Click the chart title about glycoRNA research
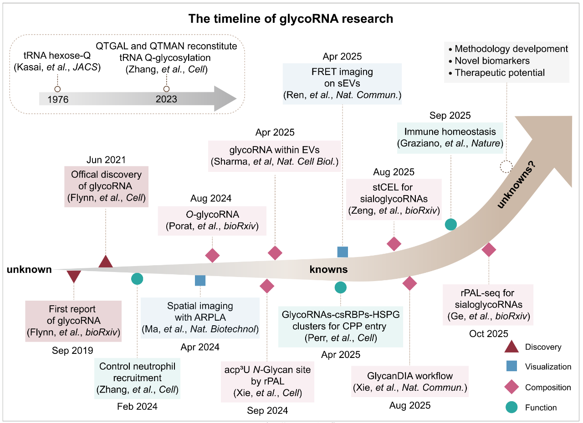click(x=291, y=19)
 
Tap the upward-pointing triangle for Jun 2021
click(x=106, y=262)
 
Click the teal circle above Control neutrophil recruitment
click(x=137, y=279)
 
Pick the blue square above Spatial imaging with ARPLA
click(x=200, y=280)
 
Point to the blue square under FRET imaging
click(x=343, y=252)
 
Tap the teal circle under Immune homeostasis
click(x=450, y=224)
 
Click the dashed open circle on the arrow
click(x=506, y=166)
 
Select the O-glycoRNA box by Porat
click(x=212, y=221)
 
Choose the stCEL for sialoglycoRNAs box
click(x=394, y=199)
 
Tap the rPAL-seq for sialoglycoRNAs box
click(x=489, y=305)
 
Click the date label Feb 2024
click(x=137, y=407)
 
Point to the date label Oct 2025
click(x=489, y=334)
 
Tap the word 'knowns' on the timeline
click(x=328, y=270)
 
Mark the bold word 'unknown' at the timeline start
click(x=29, y=270)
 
